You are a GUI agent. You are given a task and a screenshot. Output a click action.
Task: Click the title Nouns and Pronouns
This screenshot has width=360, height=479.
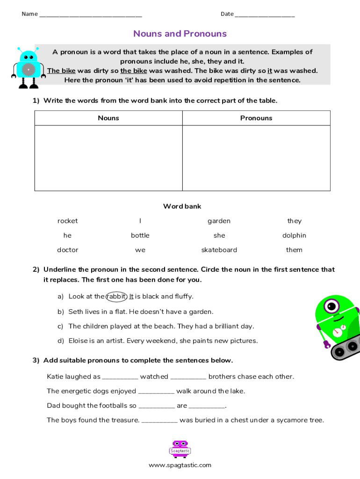point(180,34)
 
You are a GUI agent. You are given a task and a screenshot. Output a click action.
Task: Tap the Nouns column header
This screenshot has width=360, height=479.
point(108,118)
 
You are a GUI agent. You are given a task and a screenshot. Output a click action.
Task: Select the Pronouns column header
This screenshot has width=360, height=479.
point(256,118)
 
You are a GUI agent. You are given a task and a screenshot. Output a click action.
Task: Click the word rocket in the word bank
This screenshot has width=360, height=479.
point(68,221)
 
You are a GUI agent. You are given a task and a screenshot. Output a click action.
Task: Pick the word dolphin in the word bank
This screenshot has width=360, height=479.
point(295,235)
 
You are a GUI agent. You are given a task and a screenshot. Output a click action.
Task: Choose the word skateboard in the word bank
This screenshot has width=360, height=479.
point(219,250)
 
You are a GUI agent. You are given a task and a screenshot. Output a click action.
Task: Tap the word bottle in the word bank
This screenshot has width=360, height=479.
point(140,235)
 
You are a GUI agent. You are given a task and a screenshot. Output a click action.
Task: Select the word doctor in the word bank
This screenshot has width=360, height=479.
point(68,250)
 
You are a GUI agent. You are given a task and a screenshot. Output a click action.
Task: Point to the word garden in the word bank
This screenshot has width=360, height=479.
point(219,221)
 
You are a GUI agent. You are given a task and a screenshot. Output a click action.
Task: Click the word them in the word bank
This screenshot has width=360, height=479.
point(295,250)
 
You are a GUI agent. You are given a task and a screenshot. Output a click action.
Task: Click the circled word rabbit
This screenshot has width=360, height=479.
point(116,296)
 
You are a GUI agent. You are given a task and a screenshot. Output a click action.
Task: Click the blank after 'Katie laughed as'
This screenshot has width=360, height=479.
point(120,377)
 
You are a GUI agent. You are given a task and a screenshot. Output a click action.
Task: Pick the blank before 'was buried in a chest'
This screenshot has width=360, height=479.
point(159,420)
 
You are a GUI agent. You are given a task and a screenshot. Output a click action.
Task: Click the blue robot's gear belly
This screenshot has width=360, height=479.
point(29,70)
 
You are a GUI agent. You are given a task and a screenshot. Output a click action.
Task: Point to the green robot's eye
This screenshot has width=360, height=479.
point(332,306)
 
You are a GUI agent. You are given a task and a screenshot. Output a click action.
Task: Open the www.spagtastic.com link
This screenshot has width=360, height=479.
point(180,465)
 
